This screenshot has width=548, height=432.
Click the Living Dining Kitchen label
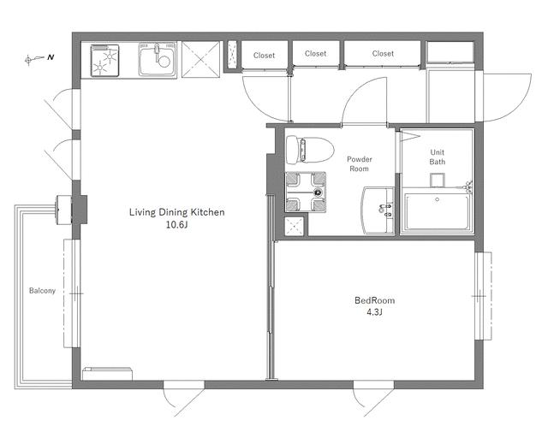coord(177,212)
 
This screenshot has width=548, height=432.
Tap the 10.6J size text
coord(177,225)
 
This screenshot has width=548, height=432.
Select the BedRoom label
coord(375,300)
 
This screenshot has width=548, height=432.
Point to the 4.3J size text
coord(374,312)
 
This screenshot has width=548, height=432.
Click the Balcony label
coord(42,291)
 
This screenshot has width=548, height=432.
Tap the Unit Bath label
coord(438,157)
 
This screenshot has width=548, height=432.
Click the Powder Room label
coord(360,163)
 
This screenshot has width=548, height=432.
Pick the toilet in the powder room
coord(310,150)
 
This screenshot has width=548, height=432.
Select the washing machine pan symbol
coord(306,192)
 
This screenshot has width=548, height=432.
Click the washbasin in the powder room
coord(378,210)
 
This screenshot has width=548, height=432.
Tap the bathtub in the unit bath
coord(437,212)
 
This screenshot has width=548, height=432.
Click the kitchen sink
coord(158,59)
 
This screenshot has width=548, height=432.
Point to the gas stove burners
coord(104,60)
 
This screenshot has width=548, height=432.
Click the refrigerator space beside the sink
coord(200,59)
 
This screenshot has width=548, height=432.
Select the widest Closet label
coord(383,53)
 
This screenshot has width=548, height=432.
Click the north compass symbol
coord(35,59)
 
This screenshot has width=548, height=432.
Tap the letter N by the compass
coord(51,57)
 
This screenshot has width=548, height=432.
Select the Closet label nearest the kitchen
coord(264,56)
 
